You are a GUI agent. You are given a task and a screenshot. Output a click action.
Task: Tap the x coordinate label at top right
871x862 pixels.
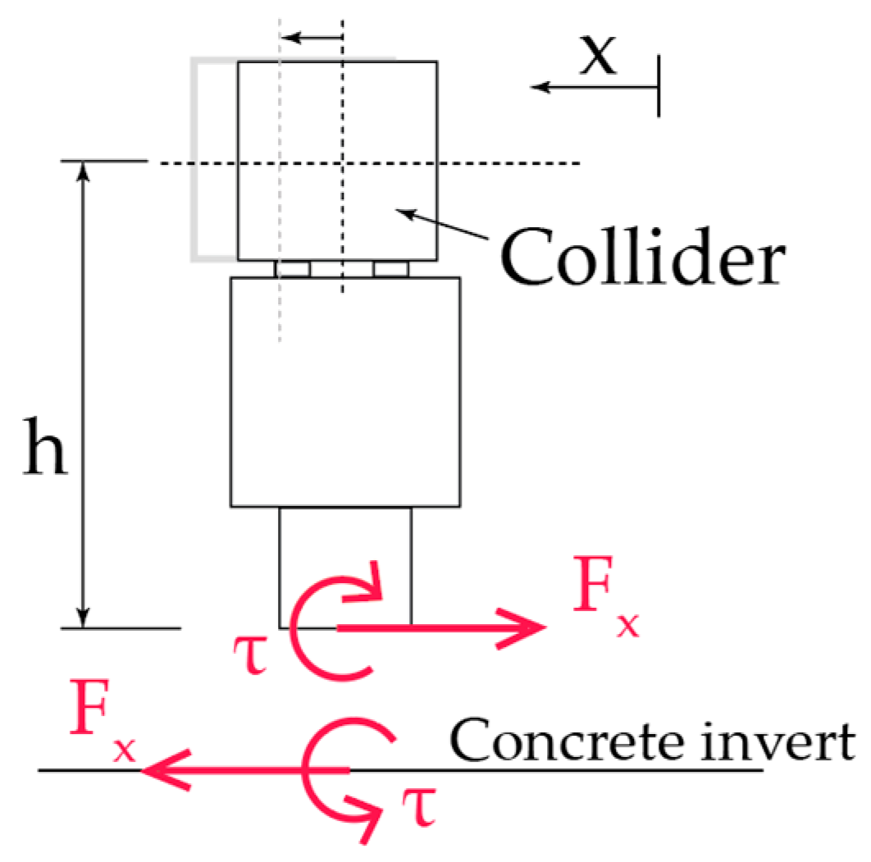[598, 58]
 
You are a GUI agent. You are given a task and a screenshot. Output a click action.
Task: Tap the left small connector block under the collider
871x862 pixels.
[293, 269]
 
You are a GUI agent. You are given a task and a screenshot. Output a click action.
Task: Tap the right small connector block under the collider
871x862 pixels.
[391, 269]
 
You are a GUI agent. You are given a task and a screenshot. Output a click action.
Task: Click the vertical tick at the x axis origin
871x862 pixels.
[659, 86]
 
